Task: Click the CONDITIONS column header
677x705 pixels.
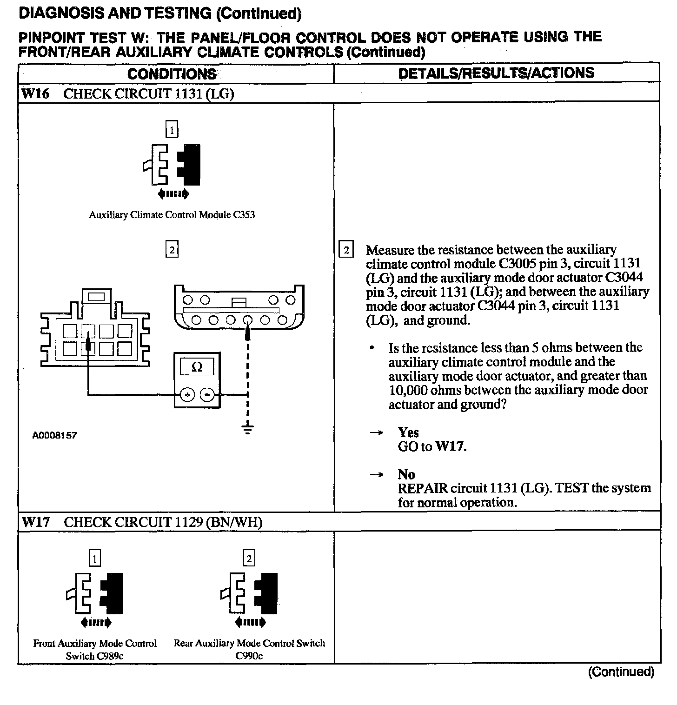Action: [x=172, y=73]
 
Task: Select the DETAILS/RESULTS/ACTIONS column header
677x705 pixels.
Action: [x=496, y=73]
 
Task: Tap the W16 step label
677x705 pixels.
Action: [x=35, y=94]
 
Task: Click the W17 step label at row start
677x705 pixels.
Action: [x=35, y=522]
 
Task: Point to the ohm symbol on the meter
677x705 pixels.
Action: [x=197, y=367]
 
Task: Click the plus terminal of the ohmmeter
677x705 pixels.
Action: [x=187, y=395]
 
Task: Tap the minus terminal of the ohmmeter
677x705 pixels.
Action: [x=207, y=395]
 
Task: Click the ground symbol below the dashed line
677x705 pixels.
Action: [x=248, y=428]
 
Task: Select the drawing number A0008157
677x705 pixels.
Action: [x=54, y=436]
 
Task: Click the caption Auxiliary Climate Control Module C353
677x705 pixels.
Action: [x=172, y=215]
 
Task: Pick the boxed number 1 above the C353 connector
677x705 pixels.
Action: [x=172, y=130]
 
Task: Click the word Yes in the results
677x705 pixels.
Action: [x=408, y=432]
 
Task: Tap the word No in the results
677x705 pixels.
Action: [x=406, y=474]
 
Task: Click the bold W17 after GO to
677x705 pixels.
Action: [x=451, y=447]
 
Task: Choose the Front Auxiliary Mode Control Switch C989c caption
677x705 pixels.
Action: [x=95, y=650]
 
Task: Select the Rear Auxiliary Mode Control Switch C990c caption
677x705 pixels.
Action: [x=249, y=649]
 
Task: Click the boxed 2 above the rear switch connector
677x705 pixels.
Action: [x=249, y=559]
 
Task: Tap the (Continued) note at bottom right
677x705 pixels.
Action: [x=621, y=672]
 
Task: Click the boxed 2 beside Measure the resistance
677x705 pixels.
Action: [x=346, y=250]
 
